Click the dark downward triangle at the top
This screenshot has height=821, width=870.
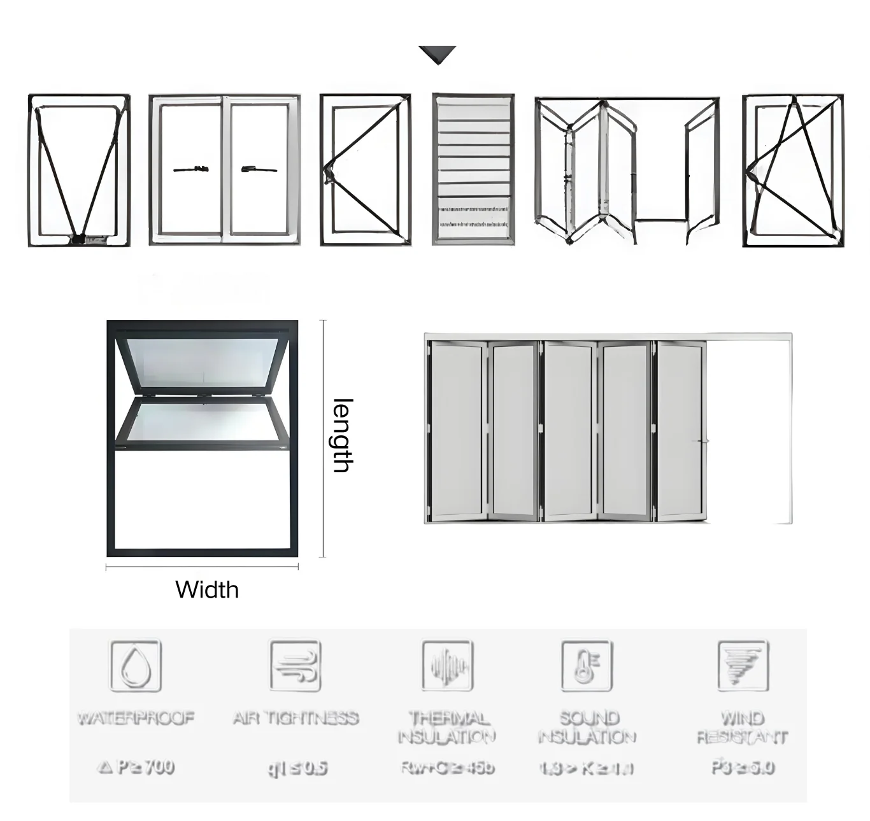(438, 54)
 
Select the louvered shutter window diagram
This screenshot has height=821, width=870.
(473, 169)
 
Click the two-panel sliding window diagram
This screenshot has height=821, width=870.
(224, 170)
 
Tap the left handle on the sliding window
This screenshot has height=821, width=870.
(191, 169)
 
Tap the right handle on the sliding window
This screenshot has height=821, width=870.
(259, 169)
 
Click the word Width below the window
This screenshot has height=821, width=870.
(207, 589)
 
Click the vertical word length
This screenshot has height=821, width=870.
(343, 435)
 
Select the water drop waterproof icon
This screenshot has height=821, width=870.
(136, 666)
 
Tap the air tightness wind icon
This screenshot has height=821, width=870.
(295, 666)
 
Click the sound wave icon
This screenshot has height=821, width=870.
(448, 666)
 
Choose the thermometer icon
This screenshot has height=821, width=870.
(587, 666)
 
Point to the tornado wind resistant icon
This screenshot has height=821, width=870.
(743, 666)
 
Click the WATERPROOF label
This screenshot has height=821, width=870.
(136, 719)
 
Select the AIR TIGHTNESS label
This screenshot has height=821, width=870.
(296, 719)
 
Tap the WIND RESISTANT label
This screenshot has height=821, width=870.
(743, 728)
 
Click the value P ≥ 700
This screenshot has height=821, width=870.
(136, 767)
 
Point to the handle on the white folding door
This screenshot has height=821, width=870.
(701, 441)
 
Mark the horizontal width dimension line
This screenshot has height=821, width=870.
(202, 567)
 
